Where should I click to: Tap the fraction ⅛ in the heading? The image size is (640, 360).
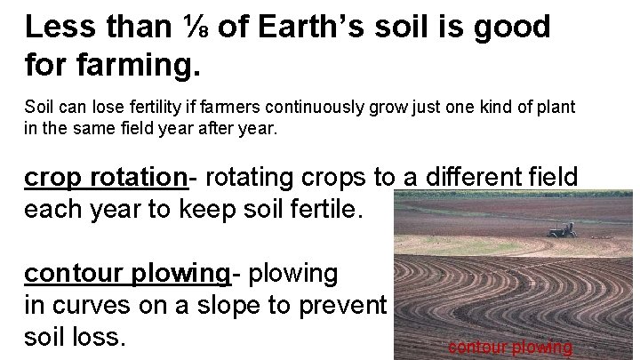click(193, 28)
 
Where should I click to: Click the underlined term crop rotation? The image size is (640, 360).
click(106, 178)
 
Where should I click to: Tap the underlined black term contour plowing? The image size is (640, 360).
click(127, 273)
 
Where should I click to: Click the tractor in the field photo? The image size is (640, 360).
click(561, 230)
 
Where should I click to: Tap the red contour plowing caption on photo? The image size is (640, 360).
click(510, 348)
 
